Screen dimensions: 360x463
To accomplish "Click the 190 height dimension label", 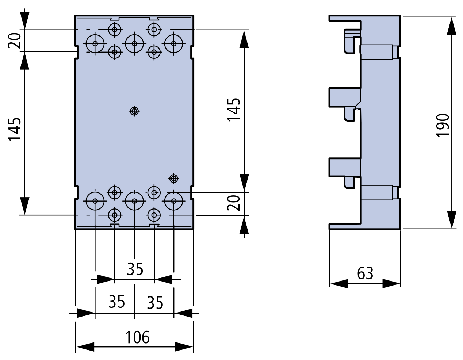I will (x=443, y=125).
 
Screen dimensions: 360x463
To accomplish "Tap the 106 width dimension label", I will (x=137, y=337).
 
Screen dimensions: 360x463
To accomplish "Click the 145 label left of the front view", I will (x=15, y=129).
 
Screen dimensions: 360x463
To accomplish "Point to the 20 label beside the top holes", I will (x=15, y=41).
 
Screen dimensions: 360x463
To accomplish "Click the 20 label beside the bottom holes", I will (x=234, y=203).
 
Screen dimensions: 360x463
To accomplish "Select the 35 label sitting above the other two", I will (x=135, y=269).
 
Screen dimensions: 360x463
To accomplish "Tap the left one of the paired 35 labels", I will (x=116, y=302).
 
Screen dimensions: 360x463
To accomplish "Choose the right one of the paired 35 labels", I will (x=155, y=302).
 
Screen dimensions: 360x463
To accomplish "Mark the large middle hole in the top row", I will (x=134, y=43).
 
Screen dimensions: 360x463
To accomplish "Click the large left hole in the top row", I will (x=95, y=43).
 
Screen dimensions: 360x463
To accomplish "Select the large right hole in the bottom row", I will (x=174, y=200).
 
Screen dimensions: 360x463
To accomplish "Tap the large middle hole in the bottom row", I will (x=134, y=200).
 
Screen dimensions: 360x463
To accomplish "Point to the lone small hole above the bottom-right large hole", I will (x=174, y=178).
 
